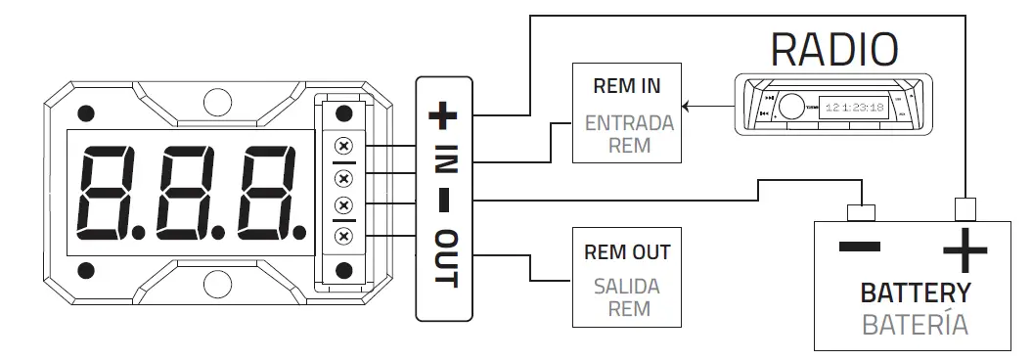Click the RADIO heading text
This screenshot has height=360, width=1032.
(834, 48)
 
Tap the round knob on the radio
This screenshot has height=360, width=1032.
(791, 104)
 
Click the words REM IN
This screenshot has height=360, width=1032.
(626, 86)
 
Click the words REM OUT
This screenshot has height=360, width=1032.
(626, 251)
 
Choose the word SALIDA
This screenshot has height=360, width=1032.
(626, 288)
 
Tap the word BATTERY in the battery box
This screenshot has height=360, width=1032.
(916, 292)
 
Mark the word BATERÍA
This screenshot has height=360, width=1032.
(916, 325)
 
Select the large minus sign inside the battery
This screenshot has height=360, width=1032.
(860, 247)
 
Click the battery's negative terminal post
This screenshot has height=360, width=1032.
(860, 213)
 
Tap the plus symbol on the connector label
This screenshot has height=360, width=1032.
(443, 116)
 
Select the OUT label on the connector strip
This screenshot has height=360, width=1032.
(444, 259)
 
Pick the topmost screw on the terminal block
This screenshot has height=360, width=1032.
(343, 147)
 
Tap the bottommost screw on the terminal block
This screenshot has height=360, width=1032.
(343, 237)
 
